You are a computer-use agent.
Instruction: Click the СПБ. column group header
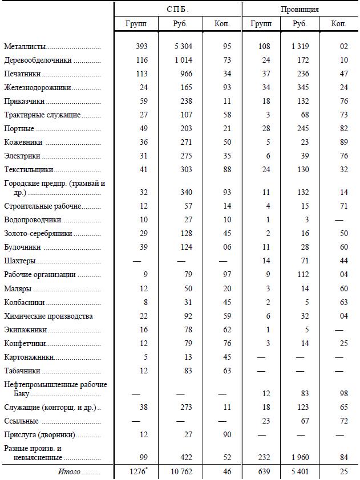click(177, 10)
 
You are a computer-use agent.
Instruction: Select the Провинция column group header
click(300, 10)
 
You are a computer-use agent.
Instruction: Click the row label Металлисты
click(25, 46)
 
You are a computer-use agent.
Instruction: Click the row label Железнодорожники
click(37, 88)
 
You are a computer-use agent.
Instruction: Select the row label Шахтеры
click(20, 261)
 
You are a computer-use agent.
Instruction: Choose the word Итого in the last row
click(69, 473)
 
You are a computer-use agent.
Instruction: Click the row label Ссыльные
click(21, 421)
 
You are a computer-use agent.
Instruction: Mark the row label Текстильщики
click(29, 169)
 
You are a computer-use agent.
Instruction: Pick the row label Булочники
click(22, 247)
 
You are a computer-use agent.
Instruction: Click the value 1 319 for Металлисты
click(300, 46)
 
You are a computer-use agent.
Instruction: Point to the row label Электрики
click(22, 156)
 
